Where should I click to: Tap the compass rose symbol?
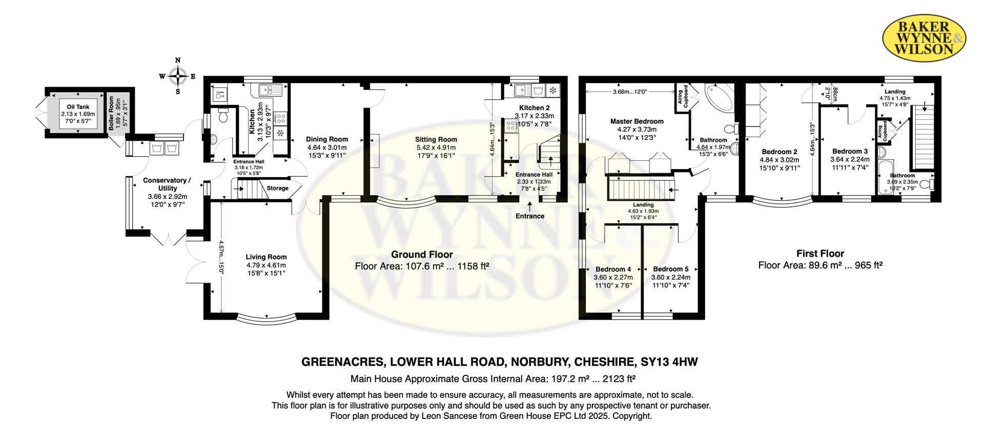click(x=177, y=77)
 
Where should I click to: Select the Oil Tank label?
click(x=78, y=107)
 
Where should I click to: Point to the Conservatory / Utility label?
click(x=167, y=184)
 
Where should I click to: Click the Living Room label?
click(x=266, y=257)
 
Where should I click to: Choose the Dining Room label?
click(x=327, y=139)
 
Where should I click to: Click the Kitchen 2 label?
click(x=531, y=108)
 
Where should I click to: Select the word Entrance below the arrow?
click(x=530, y=216)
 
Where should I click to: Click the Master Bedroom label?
click(x=637, y=121)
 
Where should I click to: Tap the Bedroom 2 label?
click(x=780, y=152)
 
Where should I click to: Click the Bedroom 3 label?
click(x=850, y=151)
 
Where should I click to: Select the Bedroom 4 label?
click(x=613, y=269)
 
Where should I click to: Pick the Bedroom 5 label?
click(x=670, y=269)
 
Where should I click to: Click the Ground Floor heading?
click(x=422, y=254)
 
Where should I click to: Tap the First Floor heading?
click(x=820, y=253)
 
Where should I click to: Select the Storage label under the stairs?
click(x=277, y=188)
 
